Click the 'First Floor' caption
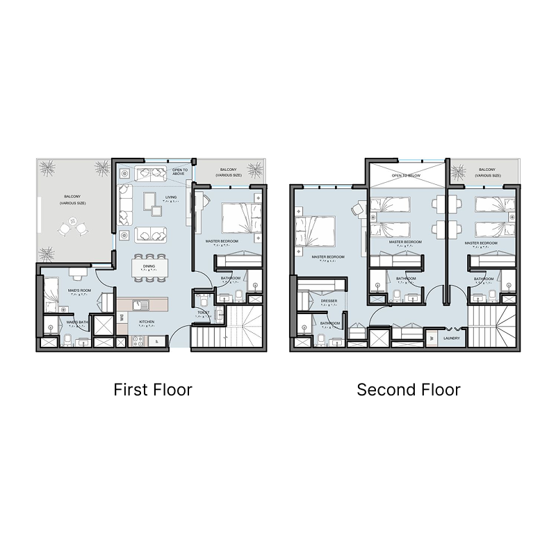point(152,389)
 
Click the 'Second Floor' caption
point(408,389)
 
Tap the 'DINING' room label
point(149,266)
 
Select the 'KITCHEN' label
point(147,322)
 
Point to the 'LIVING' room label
point(171,197)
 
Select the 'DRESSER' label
point(329,301)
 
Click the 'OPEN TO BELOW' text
point(407,176)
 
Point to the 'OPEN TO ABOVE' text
point(181,171)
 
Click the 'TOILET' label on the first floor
point(204,313)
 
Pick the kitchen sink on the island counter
point(136,304)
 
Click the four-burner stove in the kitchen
point(138,341)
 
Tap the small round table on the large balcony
point(73,227)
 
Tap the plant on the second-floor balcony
point(458,171)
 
